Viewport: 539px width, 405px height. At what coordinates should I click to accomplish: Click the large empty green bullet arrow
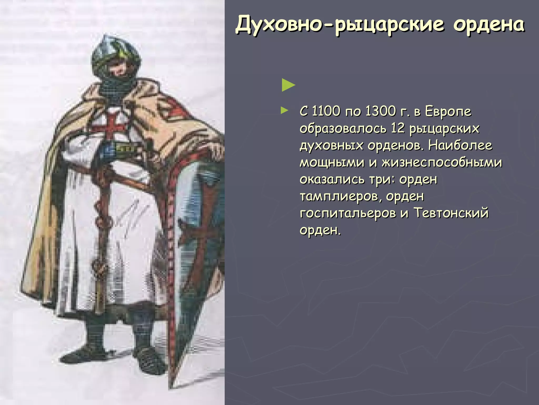click(x=288, y=85)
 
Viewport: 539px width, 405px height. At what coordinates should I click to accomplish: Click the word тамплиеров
click(x=340, y=196)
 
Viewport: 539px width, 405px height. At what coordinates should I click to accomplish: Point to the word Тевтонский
click(x=451, y=213)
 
